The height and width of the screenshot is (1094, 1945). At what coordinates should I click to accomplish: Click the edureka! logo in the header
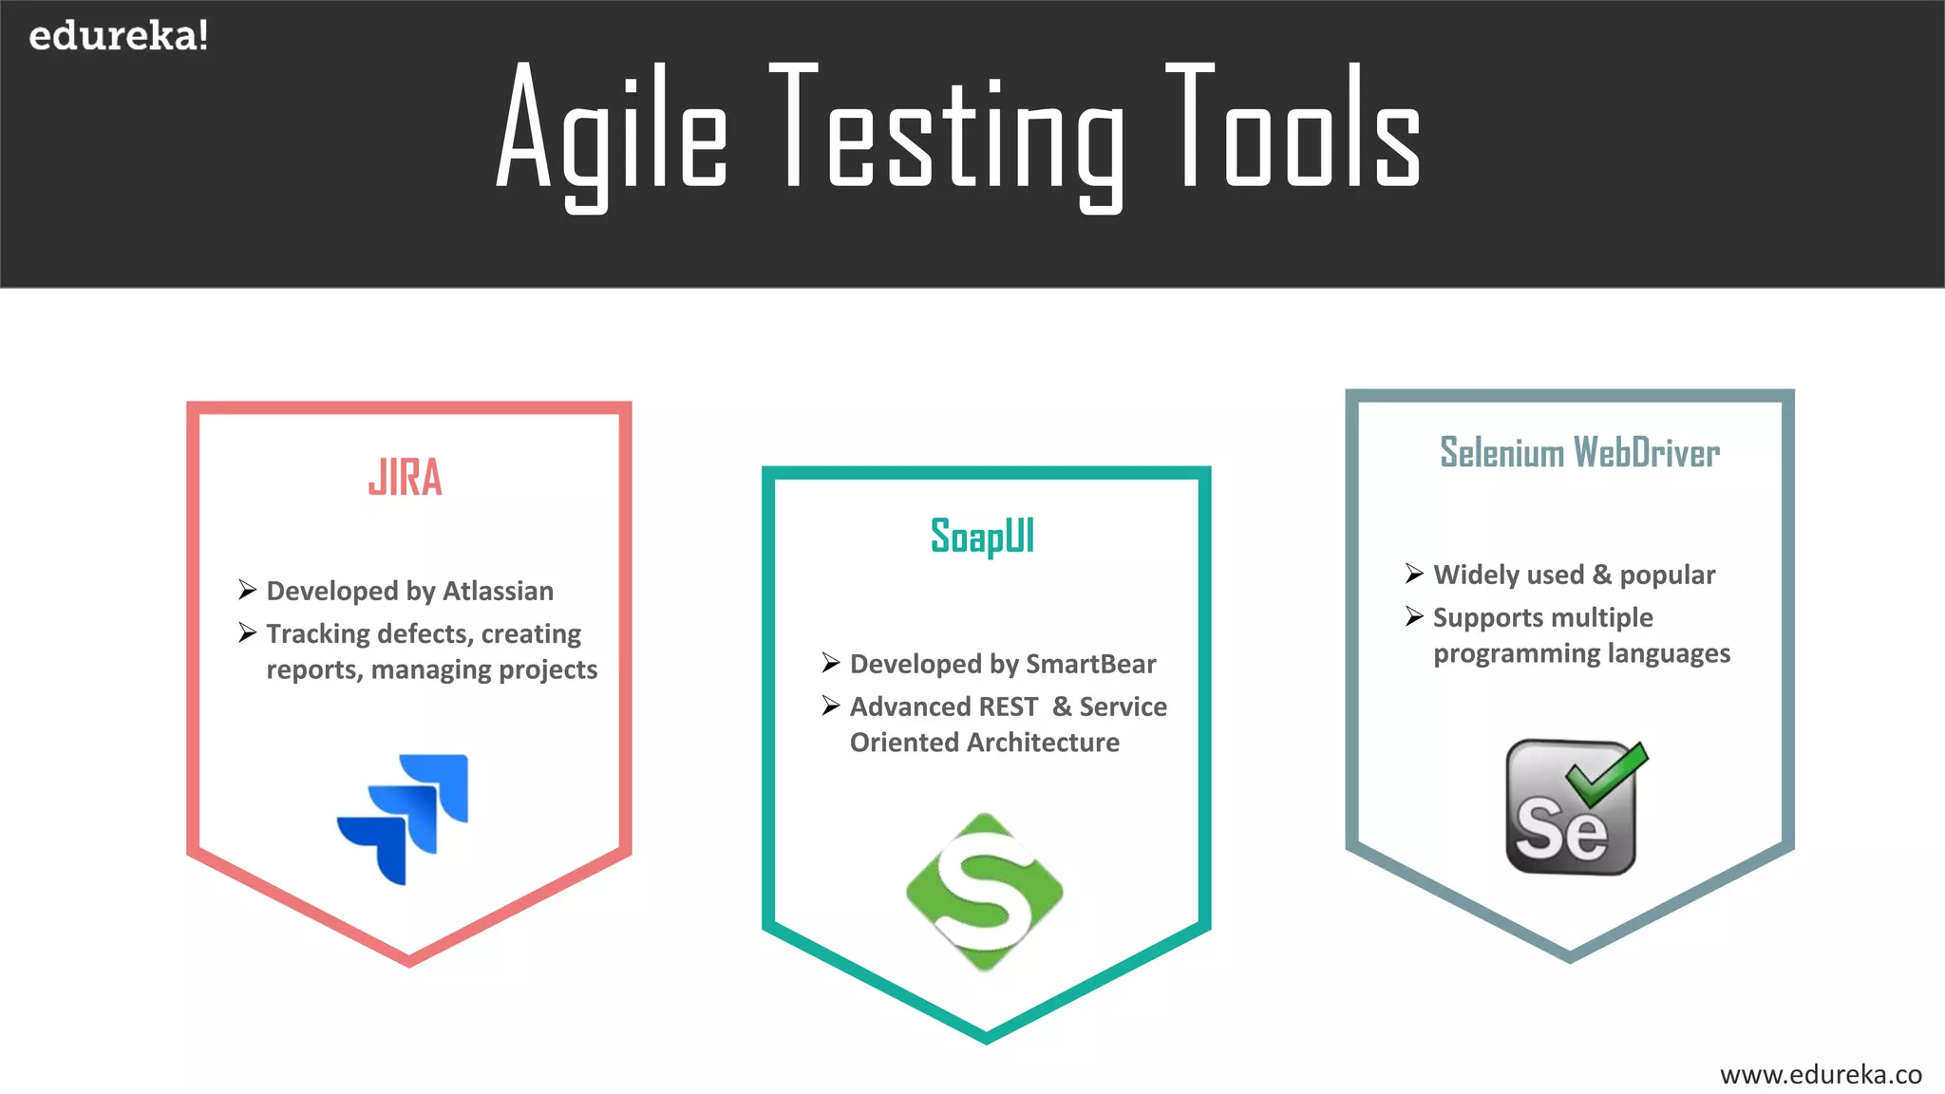(118, 36)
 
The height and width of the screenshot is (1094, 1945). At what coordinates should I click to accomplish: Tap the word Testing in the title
(950, 133)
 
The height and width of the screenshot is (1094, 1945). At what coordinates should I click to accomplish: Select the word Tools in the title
(1294, 128)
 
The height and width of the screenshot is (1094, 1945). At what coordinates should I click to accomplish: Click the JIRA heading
(406, 478)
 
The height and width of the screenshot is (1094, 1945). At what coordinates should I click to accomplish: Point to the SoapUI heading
(982, 537)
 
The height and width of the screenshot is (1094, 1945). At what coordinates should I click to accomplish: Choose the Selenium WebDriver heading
(1579, 453)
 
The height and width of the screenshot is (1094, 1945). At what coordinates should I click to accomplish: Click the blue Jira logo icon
(404, 819)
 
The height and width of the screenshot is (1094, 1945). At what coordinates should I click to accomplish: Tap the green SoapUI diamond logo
(985, 892)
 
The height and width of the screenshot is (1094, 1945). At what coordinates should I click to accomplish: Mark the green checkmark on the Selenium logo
(1609, 771)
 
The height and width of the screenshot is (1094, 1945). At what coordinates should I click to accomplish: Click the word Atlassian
(498, 591)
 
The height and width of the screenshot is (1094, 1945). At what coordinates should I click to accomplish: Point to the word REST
(1009, 707)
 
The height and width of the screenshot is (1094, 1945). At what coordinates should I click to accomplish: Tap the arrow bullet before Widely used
(1414, 574)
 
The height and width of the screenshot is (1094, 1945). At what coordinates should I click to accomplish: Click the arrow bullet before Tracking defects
(248, 632)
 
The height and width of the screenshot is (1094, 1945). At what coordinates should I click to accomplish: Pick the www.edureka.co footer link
(1821, 1074)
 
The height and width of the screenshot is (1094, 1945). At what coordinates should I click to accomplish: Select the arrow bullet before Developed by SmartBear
(831, 663)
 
